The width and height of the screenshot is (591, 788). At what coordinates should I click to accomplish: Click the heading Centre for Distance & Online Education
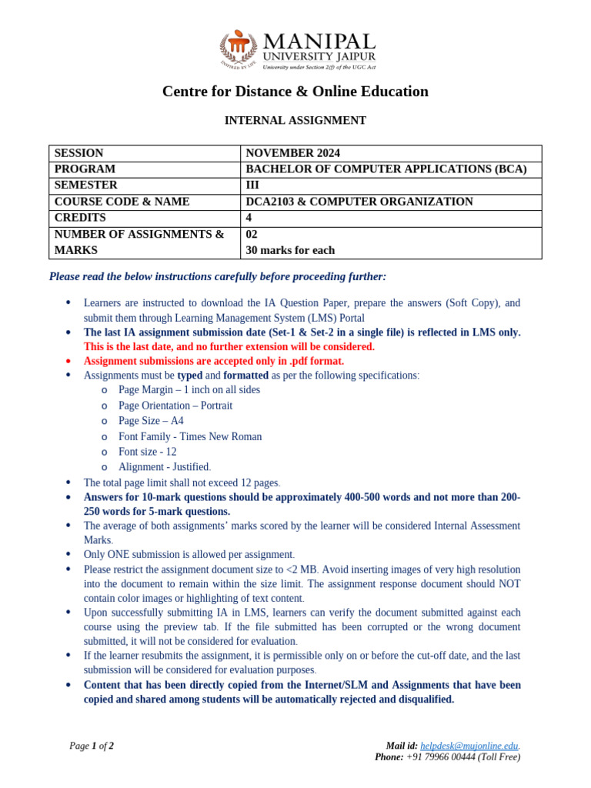click(295, 92)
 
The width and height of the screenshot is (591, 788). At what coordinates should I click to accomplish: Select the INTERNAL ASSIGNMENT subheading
click(295, 121)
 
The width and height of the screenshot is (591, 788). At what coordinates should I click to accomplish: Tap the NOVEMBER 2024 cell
click(292, 153)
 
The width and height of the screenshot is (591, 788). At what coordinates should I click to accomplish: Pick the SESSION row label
click(78, 153)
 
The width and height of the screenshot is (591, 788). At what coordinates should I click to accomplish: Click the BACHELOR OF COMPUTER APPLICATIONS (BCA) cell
click(386, 169)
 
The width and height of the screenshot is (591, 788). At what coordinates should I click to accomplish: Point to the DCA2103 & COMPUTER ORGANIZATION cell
click(359, 202)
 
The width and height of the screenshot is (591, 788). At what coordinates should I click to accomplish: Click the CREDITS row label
click(80, 218)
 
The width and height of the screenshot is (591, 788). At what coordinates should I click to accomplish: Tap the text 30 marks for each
click(290, 250)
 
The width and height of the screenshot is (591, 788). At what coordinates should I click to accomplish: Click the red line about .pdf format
click(214, 361)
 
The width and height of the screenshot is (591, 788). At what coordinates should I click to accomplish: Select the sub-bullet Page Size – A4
click(151, 421)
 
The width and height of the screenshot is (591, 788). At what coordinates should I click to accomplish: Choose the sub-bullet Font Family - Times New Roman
click(190, 436)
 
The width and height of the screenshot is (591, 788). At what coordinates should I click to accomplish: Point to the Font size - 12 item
click(147, 452)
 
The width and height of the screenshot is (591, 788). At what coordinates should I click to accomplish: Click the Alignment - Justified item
click(164, 467)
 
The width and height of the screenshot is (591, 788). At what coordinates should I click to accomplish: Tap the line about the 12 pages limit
click(182, 482)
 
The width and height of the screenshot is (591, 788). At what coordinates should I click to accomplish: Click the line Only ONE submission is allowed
click(189, 554)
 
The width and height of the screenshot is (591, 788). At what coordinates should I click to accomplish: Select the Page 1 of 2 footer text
click(92, 746)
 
